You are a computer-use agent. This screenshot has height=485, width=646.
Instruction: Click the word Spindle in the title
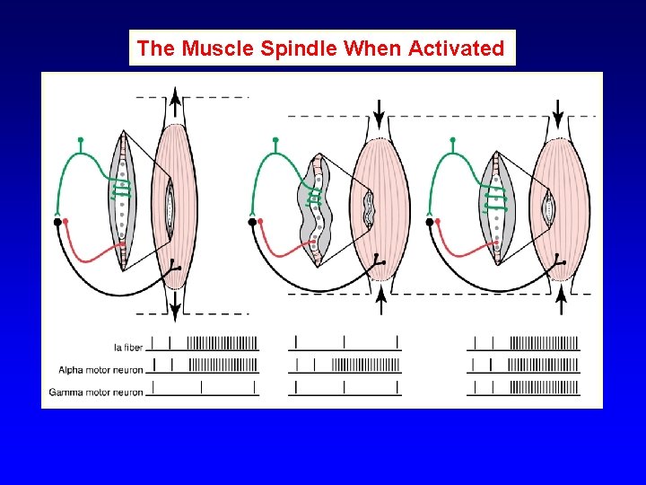[x=301, y=48]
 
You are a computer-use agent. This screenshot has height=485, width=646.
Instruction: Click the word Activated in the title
[x=456, y=48]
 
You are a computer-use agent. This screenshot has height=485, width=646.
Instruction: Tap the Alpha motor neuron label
[x=100, y=369]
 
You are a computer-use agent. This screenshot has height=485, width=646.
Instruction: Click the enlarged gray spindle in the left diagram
[x=123, y=199]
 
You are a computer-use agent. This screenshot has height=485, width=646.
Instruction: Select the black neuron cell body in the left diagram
[x=58, y=220]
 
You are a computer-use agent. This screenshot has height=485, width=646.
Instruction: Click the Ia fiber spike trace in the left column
[x=204, y=342]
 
